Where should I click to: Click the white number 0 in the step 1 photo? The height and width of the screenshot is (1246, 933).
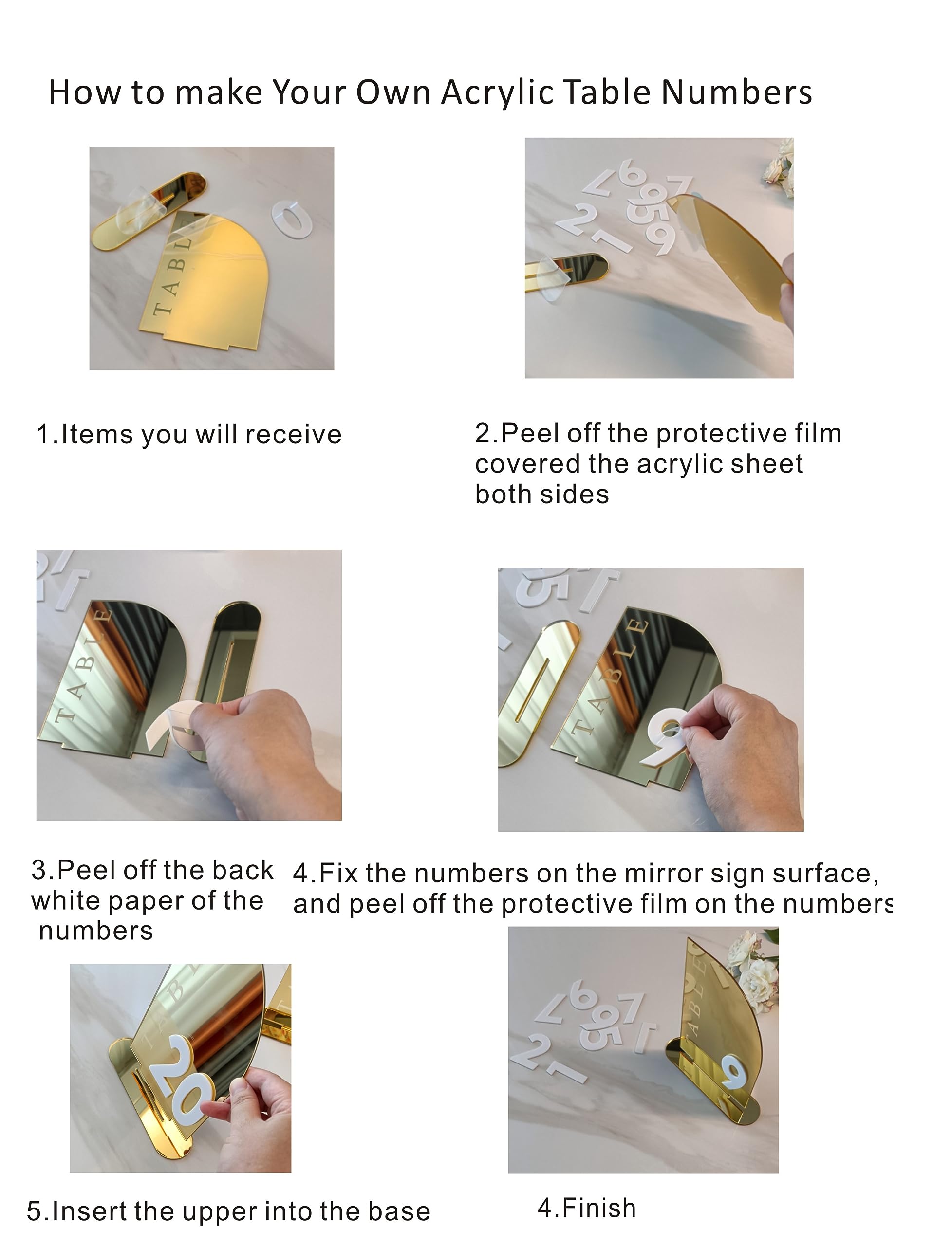292,220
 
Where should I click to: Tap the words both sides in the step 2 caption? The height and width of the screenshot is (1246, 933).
541,495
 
